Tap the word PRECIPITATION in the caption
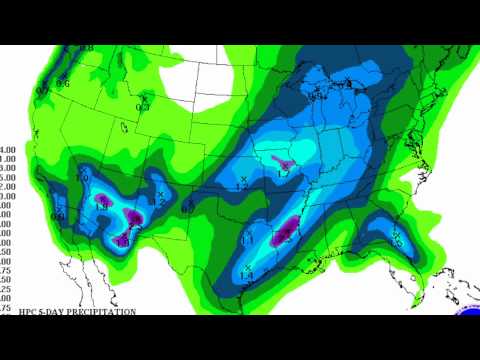pos(100,312)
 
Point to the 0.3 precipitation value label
pos(143,106)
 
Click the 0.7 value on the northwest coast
pos(43,89)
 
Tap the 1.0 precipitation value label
pos(84,178)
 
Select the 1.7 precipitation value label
pos(283,173)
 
